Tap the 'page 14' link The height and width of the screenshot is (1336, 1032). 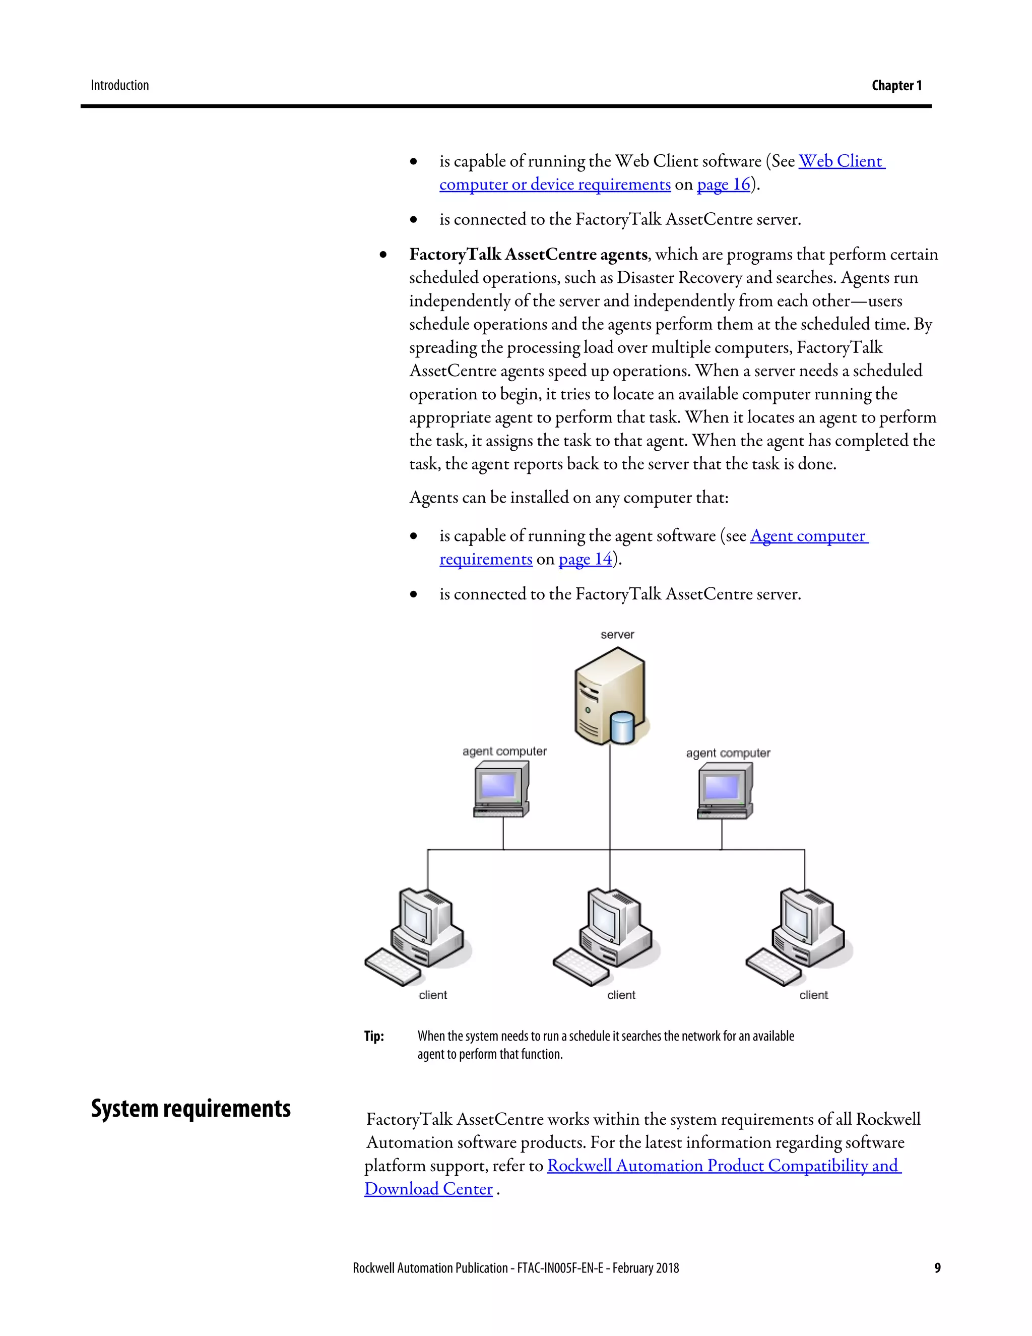click(x=585, y=559)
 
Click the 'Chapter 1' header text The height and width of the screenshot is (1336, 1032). click(x=896, y=85)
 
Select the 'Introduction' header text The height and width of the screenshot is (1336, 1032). click(x=120, y=85)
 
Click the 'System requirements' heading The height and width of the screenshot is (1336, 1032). click(x=191, y=1109)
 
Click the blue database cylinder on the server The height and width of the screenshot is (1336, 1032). click(x=622, y=727)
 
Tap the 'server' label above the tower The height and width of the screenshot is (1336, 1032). click(x=617, y=634)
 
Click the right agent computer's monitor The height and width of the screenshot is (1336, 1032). click(x=722, y=787)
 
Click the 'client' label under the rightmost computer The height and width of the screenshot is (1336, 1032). click(x=813, y=995)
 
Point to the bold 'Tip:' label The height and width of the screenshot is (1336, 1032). click(x=373, y=1036)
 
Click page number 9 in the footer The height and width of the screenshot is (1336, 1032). click(x=937, y=1268)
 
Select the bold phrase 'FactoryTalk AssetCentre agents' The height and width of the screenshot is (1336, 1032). click(x=528, y=255)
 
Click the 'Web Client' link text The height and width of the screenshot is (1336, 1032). click(x=841, y=161)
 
